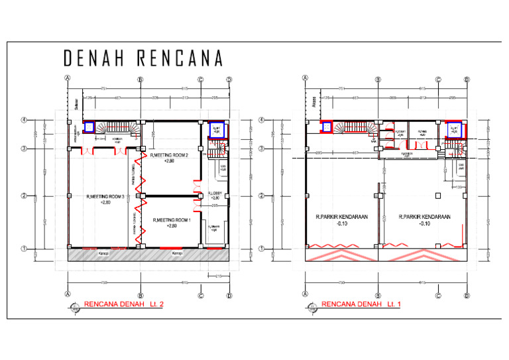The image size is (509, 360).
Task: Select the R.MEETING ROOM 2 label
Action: pyautogui.click(x=170, y=158)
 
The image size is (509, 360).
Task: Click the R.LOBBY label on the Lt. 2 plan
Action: pyautogui.click(x=215, y=196)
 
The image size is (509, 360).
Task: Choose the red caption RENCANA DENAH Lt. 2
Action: pyautogui.click(x=123, y=304)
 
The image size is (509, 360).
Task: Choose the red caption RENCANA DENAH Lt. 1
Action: pyautogui.click(x=361, y=304)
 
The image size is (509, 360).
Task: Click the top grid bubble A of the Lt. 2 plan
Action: pyautogui.click(x=67, y=78)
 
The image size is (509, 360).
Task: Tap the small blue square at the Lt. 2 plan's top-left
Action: pyautogui.click(x=87, y=127)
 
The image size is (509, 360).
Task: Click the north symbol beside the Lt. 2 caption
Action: pyautogui.click(x=72, y=307)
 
